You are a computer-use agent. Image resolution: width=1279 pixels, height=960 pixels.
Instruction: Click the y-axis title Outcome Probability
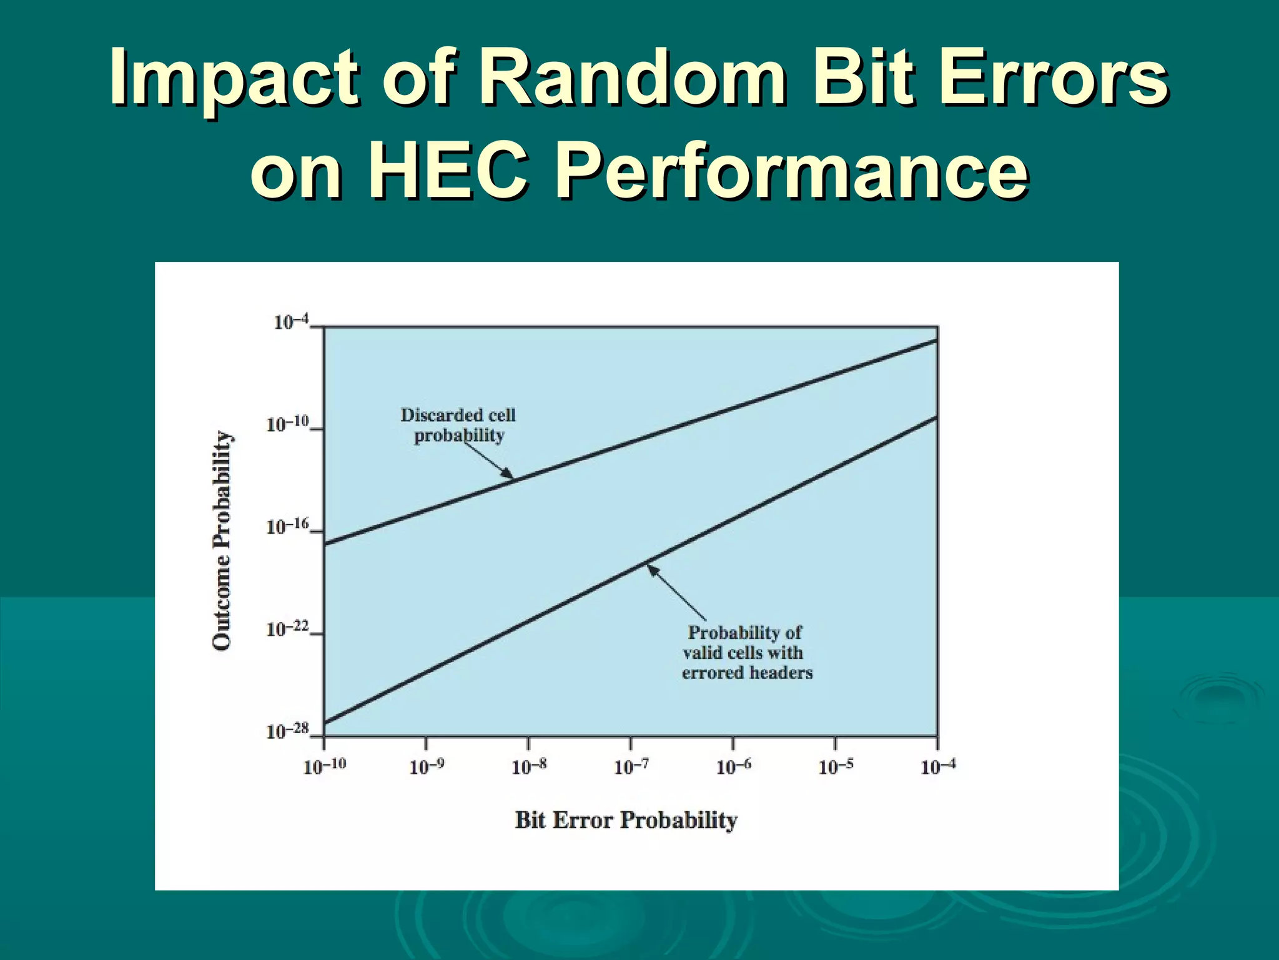click(x=222, y=540)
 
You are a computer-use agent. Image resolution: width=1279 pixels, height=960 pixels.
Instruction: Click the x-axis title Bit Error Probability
click(x=626, y=820)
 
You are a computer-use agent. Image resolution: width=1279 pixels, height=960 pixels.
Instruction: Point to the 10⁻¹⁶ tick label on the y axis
click(x=288, y=527)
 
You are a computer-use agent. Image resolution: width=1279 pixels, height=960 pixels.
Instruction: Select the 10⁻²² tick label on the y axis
click(x=288, y=629)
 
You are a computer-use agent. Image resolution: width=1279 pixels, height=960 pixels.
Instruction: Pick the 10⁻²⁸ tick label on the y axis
click(x=288, y=731)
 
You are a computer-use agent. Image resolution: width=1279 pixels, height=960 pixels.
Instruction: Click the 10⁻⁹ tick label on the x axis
click(x=427, y=766)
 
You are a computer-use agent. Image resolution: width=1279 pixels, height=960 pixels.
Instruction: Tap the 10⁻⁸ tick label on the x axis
click(x=529, y=766)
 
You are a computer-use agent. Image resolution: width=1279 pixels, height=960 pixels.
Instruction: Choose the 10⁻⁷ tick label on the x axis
click(x=631, y=766)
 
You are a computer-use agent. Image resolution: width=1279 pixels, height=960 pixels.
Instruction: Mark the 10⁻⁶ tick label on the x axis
click(x=734, y=766)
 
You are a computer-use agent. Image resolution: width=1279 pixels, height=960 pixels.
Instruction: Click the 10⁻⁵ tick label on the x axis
click(x=836, y=766)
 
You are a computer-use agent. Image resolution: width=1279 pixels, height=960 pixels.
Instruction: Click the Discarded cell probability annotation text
click(x=458, y=425)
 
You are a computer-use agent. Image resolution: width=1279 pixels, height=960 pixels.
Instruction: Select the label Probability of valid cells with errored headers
click(x=746, y=652)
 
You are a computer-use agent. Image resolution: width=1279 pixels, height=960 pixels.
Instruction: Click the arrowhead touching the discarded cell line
click(x=508, y=474)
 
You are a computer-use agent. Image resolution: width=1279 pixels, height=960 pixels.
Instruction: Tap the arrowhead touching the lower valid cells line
click(x=651, y=569)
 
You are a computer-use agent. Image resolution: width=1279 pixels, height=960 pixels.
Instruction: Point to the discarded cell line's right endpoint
click(x=936, y=341)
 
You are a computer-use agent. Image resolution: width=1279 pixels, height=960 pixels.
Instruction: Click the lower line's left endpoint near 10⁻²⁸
click(x=325, y=723)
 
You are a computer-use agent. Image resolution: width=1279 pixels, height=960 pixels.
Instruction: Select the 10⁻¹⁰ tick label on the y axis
click(x=288, y=424)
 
